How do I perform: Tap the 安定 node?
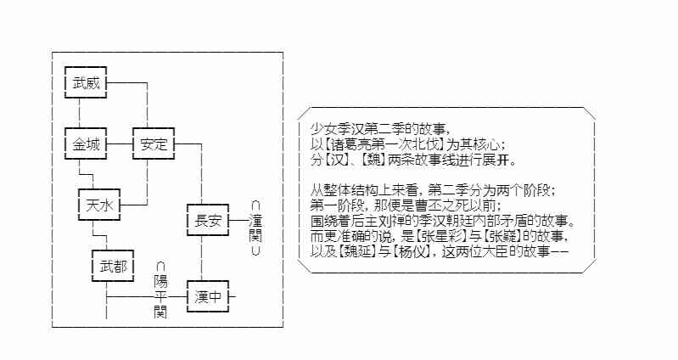pos(154,144)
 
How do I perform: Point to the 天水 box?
pos(99,205)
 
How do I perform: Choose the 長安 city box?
pos(208,222)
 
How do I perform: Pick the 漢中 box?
pos(208,298)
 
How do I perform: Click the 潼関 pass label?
pos(255,229)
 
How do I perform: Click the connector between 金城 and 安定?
pos(120,144)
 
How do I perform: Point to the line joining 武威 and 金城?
pos(79,113)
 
